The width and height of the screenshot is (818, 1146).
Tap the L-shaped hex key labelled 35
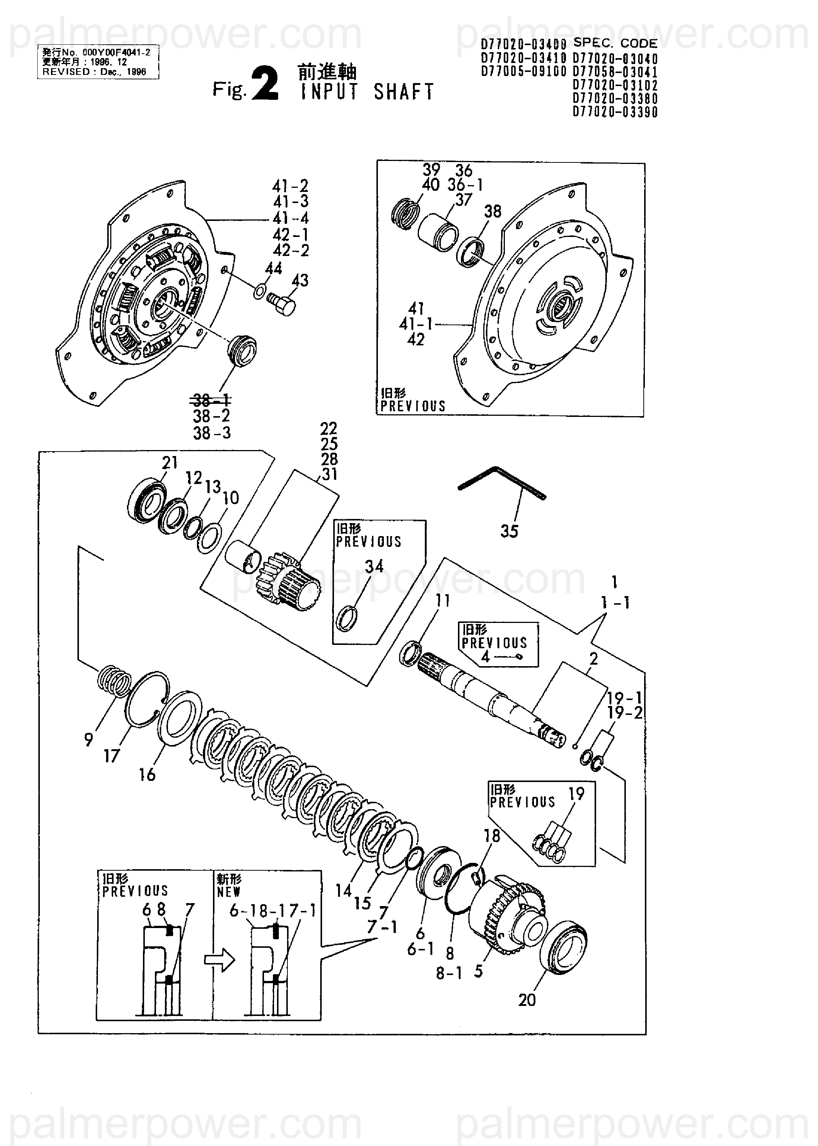tap(502, 483)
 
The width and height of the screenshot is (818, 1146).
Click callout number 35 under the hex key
tap(509, 531)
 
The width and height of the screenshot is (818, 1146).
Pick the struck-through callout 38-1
tap(211, 401)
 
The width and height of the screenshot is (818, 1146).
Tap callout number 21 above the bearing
tap(170, 462)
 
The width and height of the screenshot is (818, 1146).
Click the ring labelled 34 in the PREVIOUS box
tap(347, 618)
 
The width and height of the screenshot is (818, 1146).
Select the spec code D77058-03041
tap(615, 72)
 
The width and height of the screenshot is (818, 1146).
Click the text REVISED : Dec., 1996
tap(94, 72)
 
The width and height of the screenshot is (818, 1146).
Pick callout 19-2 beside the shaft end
tap(625, 713)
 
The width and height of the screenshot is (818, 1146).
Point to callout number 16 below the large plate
tap(147, 775)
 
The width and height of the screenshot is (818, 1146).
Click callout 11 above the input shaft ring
tap(443, 600)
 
